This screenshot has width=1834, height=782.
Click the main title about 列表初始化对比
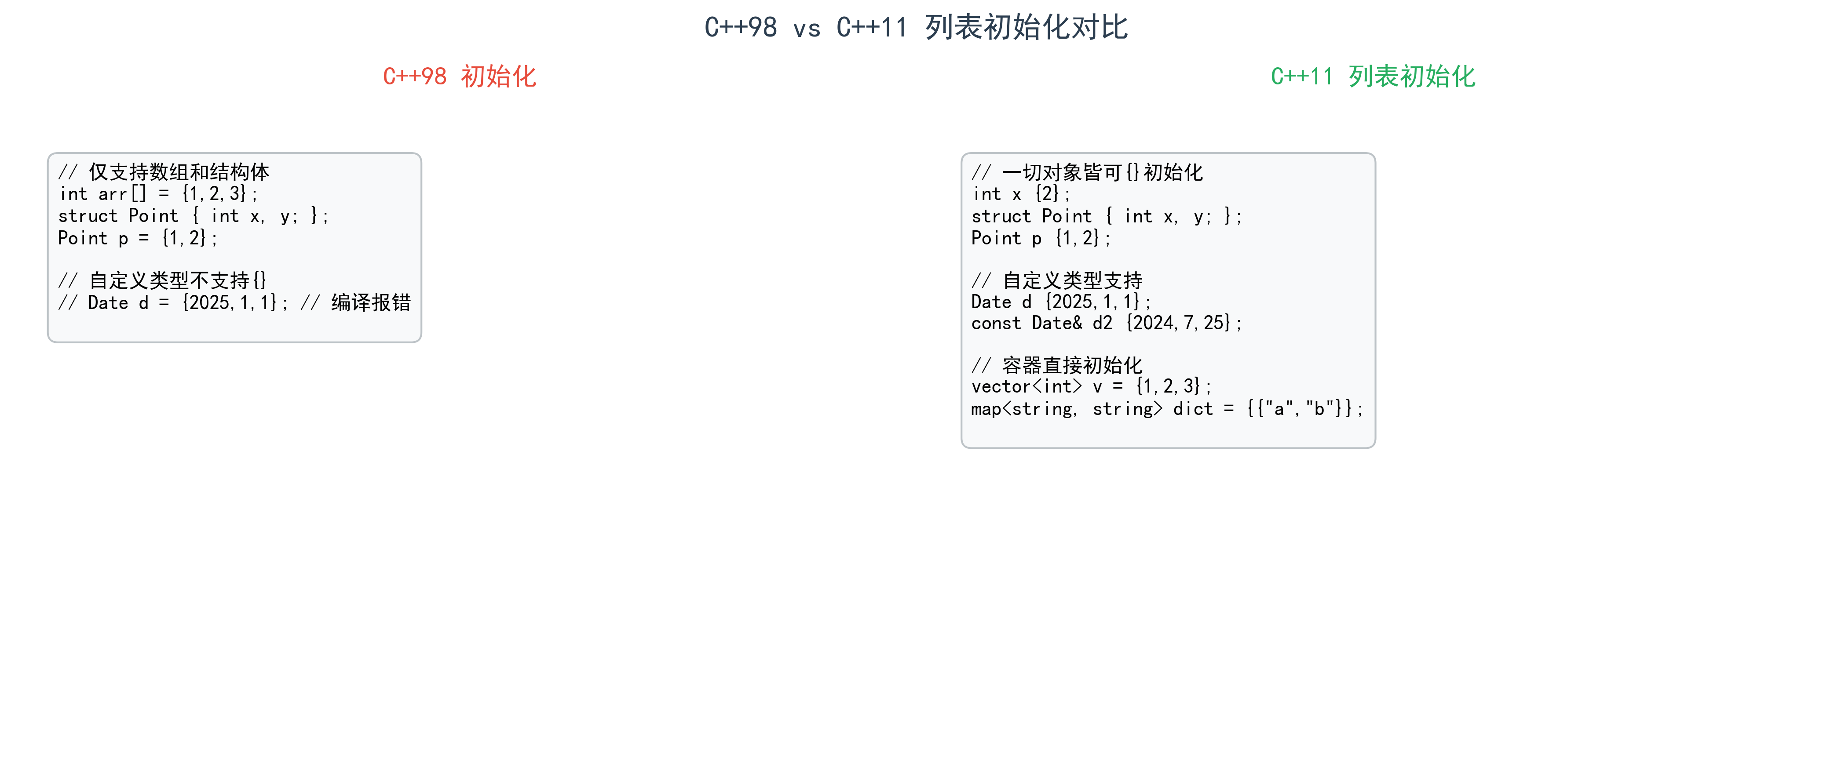tap(916, 28)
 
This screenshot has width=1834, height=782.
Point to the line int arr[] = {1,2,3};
tap(158, 193)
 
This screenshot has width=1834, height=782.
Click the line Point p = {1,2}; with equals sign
tap(137, 238)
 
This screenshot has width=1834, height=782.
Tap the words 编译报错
tap(371, 303)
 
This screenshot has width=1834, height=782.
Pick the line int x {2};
tap(1021, 193)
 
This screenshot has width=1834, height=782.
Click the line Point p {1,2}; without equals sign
tap(1040, 238)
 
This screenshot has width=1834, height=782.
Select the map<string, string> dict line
tap(1166, 409)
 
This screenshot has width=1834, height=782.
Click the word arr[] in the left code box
tap(122, 193)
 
